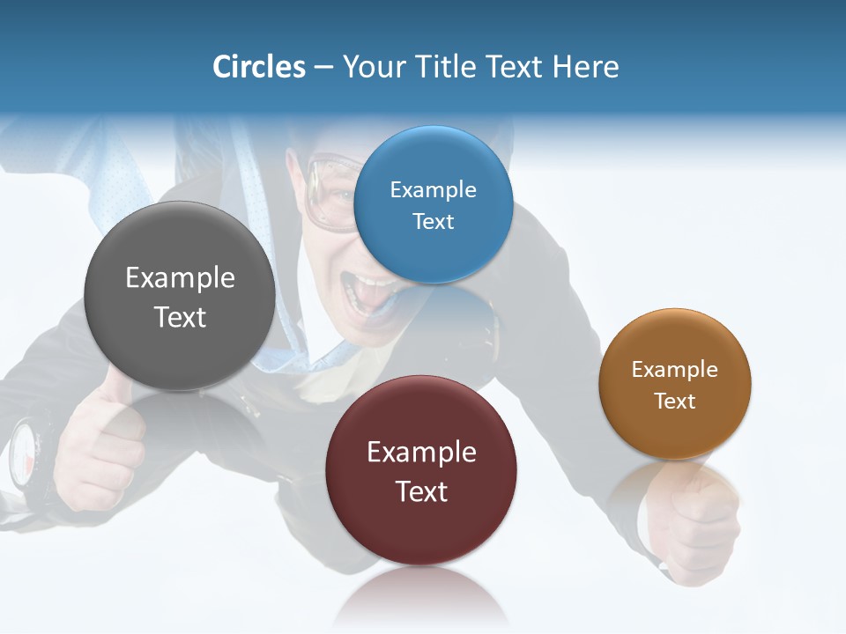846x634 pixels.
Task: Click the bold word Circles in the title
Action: (x=259, y=67)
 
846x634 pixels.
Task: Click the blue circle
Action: (x=434, y=204)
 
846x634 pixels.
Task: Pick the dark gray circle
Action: (x=180, y=296)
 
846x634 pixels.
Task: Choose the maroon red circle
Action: (x=421, y=469)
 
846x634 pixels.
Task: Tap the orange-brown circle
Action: (x=675, y=383)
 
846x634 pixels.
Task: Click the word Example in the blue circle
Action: (x=434, y=190)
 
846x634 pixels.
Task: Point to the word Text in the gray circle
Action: (x=180, y=317)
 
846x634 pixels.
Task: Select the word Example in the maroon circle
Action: (x=421, y=453)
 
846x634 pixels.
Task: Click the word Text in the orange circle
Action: (x=675, y=402)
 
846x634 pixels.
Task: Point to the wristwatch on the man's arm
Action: (x=26, y=453)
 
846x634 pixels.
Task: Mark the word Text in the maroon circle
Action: (x=421, y=491)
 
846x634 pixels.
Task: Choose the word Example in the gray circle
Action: (x=180, y=278)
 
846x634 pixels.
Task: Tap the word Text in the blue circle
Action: (x=434, y=222)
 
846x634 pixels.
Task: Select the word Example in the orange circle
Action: (x=675, y=370)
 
